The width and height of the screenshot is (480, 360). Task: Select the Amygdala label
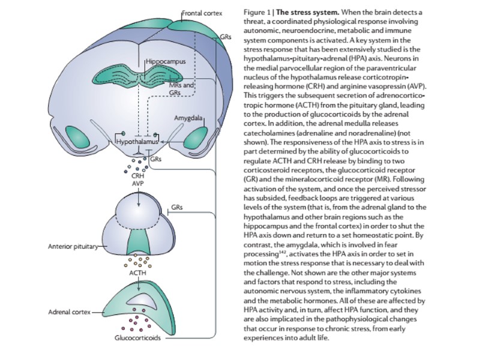click(x=187, y=117)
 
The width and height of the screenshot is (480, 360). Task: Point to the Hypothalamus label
click(x=136, y=142)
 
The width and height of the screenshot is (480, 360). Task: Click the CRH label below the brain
click(x=138, y=176)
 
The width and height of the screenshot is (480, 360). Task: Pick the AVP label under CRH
click(x=138, y=183)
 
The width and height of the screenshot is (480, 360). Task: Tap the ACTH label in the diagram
click(x=138, y=273)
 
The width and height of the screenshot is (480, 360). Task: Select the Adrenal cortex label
click(x=68, y=313)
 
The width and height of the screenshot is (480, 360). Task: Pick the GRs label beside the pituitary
click(x=176, y=207)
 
